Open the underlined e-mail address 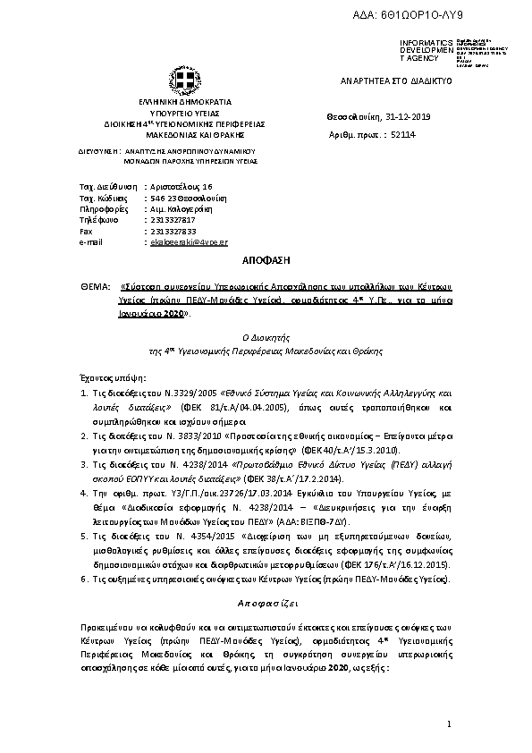coord(189,242)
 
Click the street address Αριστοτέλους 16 coord(182,184)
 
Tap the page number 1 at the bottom coord(451,723)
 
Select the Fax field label coord(86,231)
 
